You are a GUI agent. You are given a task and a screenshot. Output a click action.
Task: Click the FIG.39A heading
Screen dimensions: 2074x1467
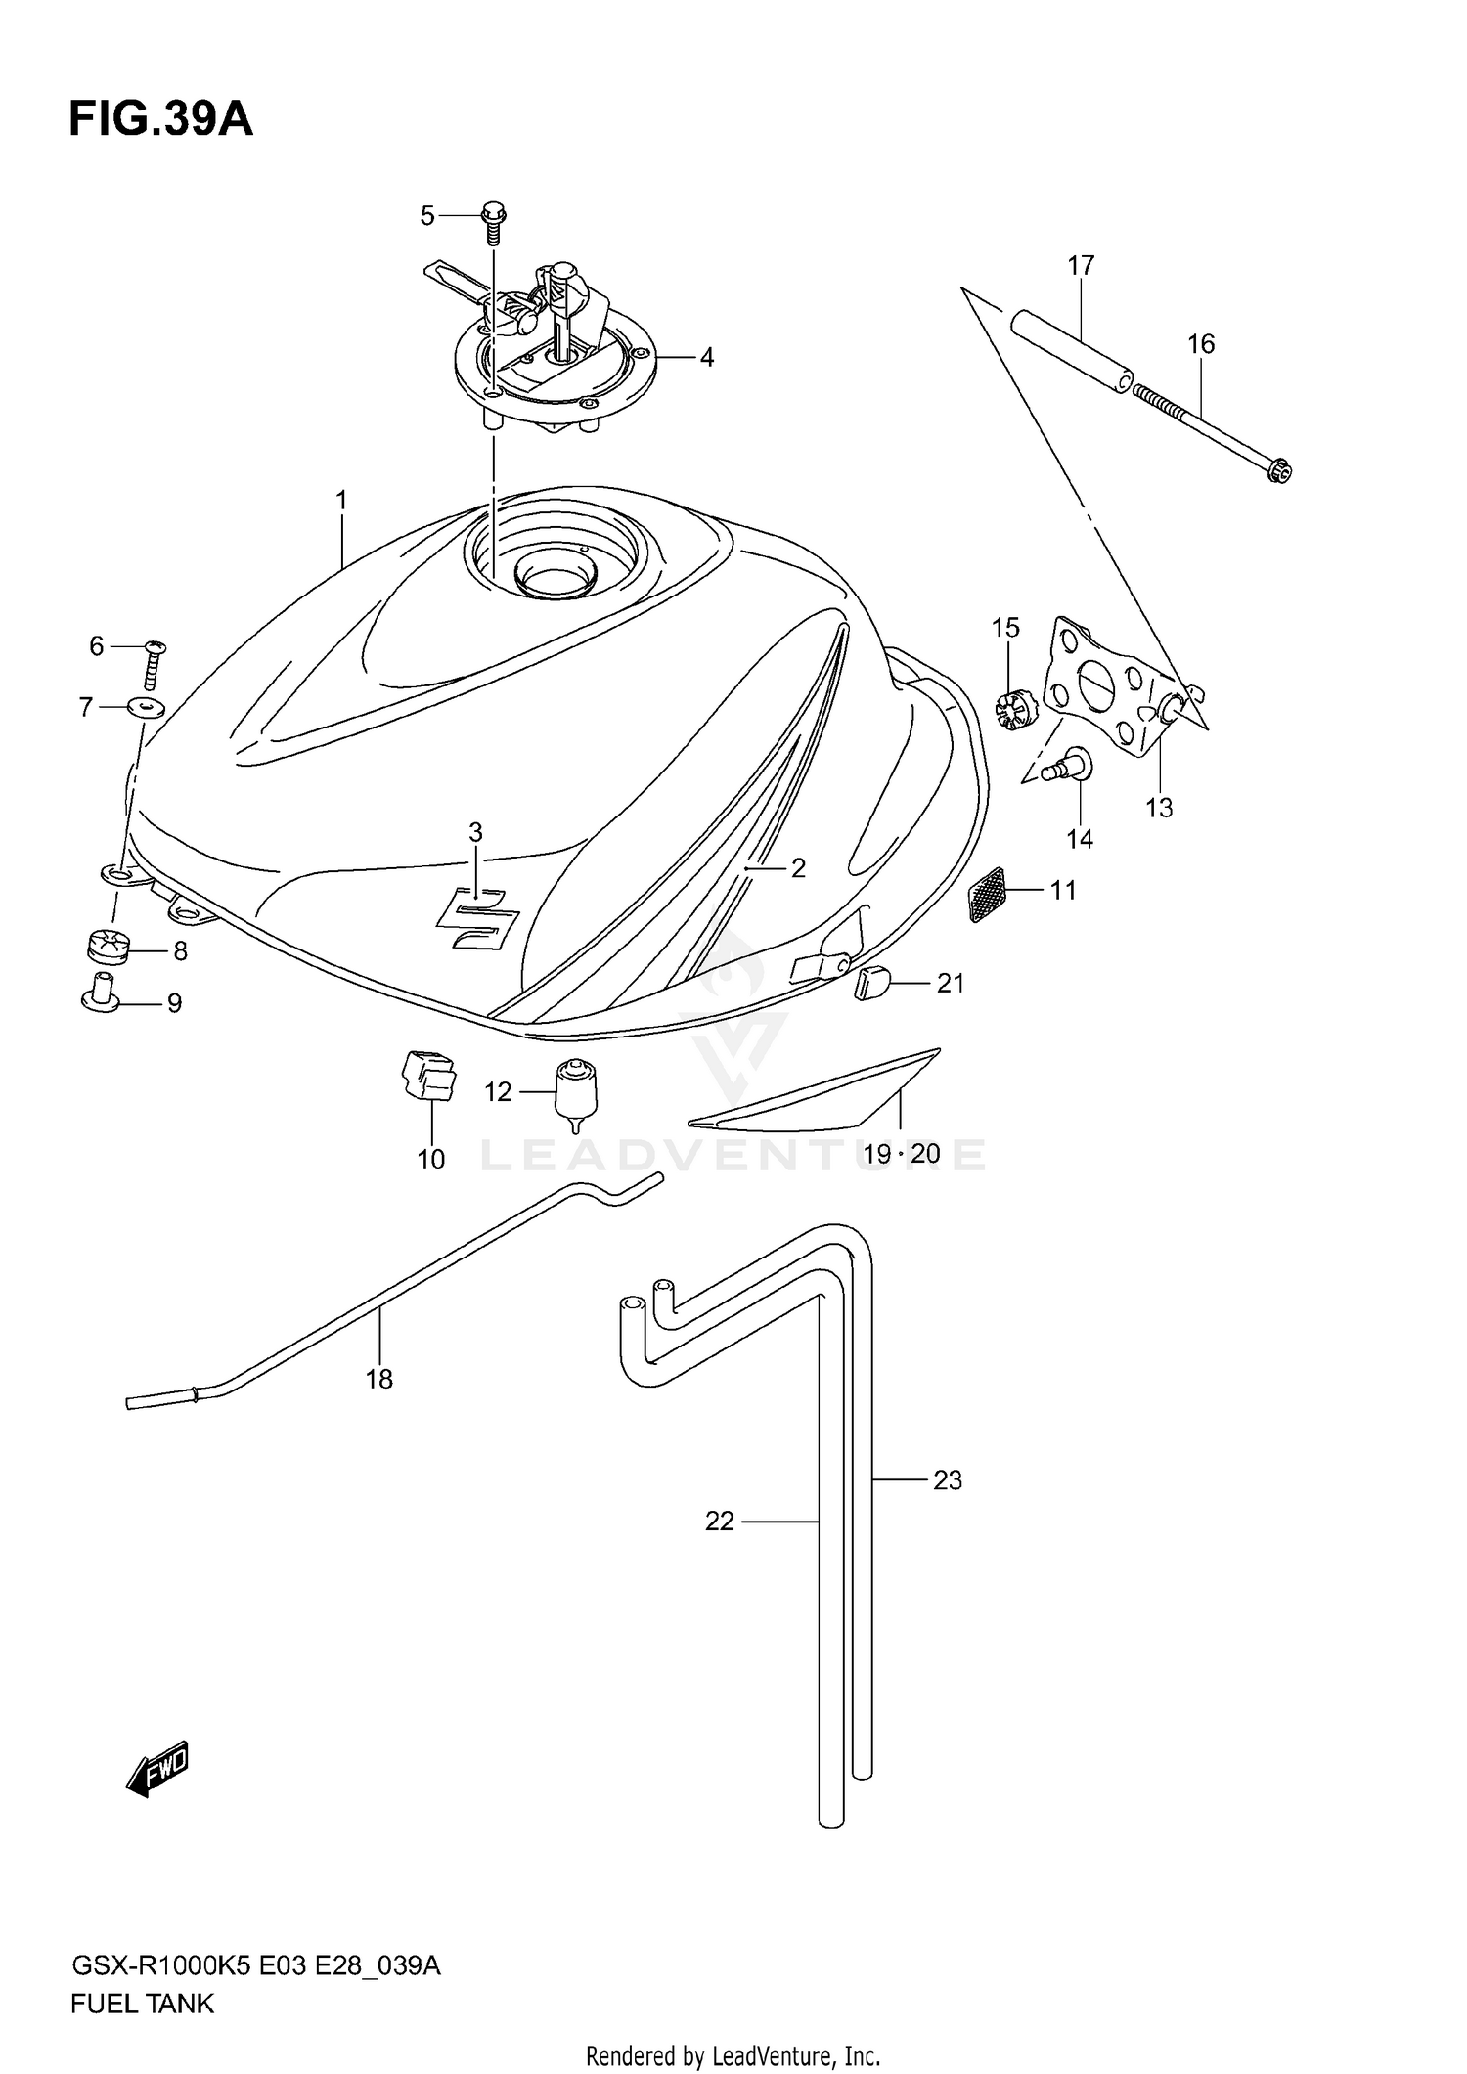coord(160,119)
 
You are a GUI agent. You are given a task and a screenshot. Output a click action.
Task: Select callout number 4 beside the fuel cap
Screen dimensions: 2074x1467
coord(706,358)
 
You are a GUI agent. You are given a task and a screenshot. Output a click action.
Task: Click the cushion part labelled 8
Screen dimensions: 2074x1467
coord(102,947)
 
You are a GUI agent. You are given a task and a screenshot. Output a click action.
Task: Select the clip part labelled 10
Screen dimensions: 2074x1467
coord(428,1078)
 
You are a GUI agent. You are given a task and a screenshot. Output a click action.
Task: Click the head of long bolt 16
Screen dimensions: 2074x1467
coord(1280,472)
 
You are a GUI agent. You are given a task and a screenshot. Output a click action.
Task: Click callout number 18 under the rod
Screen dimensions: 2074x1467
coord(378,1379)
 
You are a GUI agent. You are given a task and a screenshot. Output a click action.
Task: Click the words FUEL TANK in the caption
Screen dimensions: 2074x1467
coord(142,2004)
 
